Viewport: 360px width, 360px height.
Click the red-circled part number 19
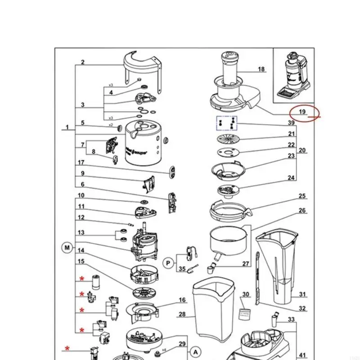(x=302, y=112)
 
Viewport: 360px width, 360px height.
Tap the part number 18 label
(x=261, y=69)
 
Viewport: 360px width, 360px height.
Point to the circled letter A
(x=196, y=351)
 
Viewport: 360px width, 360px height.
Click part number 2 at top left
(x=83, y=63)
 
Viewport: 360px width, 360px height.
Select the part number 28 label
(x=182, y=314)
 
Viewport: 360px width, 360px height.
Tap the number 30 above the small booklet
(x=245, y=294)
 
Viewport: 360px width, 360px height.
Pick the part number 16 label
(x=182, y=300)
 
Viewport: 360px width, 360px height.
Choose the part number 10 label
(x=81, y=195)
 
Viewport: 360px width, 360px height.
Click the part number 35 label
(x=182, y=269)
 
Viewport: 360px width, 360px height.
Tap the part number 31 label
(x=302, y=294)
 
